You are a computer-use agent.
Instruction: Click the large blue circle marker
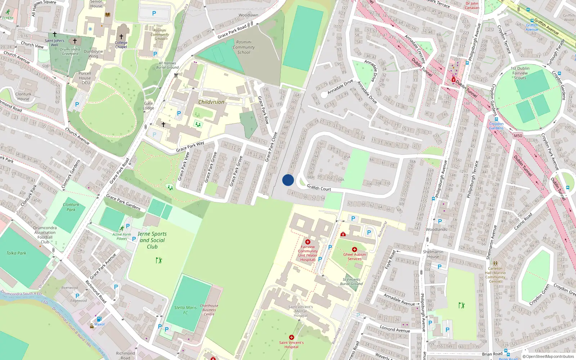[x=288, y=180]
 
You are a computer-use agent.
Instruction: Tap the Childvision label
[x=211, y=102]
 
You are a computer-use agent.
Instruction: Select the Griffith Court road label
[x=319, y=188]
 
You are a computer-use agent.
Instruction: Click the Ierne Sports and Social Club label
[x=152, y=240]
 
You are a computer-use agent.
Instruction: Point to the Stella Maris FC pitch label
[x=185, y=310]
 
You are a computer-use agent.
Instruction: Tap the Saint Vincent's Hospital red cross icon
[x=292, y=337]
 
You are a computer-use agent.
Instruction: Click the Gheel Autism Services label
[x=355, y=256]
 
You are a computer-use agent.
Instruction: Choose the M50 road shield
[x=518, y=136]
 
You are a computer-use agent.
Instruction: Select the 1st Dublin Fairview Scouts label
[x=520, y=73]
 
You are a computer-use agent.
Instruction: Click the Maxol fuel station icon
[x=99, y=319]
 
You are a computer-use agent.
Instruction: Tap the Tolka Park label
[x=16, y=253]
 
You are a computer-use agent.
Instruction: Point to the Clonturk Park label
[x=71, y=207]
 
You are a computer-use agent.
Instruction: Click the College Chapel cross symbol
[x=121, y=37]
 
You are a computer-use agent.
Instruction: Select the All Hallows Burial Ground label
[x=167, y=65]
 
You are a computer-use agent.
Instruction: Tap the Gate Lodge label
[x=148, y=105]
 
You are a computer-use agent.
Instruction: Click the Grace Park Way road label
[x=190, y=146]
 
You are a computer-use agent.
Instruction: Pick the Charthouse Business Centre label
[x=209, y=310]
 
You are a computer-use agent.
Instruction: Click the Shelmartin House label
[x=433, y=254]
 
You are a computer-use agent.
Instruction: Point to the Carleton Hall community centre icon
[x=495, y=264]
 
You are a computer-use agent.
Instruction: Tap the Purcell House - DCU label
[x=85, y=78]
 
